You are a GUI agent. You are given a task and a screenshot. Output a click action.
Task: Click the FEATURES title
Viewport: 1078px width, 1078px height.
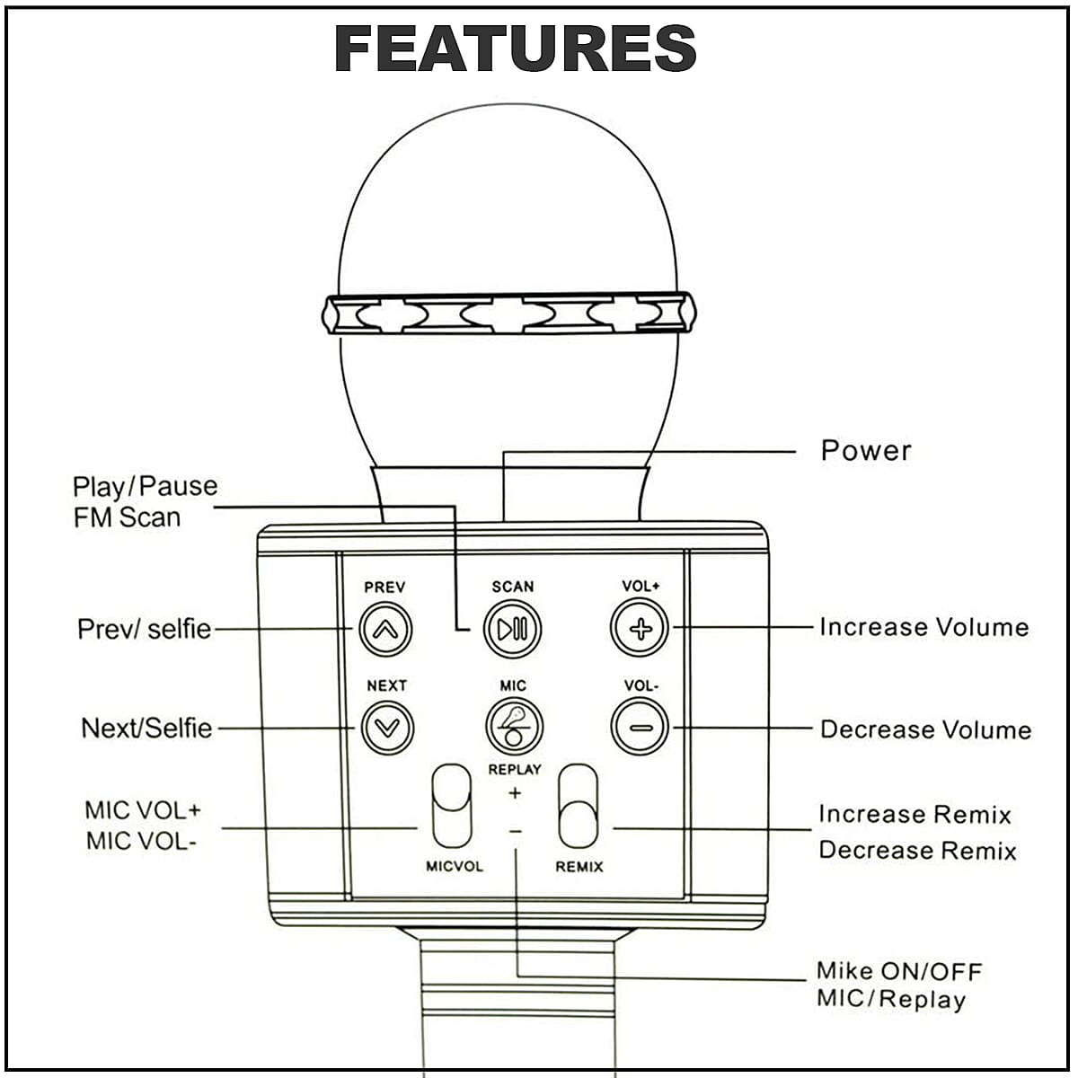[516, 49]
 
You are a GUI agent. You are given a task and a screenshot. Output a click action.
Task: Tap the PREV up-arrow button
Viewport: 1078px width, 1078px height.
[385, 629]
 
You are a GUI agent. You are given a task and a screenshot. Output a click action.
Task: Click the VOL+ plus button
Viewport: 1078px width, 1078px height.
[640, 628]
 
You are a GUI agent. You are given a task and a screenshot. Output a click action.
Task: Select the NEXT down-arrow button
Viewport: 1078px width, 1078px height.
[386, 727]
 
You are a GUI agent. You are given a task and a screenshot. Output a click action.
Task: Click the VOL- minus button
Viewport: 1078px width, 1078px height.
[640, 727]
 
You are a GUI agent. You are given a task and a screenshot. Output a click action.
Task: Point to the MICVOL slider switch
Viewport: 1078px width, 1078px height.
[451, 806]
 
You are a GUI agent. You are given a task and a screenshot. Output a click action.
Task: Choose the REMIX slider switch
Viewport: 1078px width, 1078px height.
[578, 806]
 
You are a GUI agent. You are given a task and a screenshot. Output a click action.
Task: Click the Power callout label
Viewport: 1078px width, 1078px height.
[866, 450]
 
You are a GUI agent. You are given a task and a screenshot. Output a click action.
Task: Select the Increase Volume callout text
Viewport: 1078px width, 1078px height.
[923, 627]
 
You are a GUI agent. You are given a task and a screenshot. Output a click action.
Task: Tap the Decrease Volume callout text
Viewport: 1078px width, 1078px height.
[925, 729]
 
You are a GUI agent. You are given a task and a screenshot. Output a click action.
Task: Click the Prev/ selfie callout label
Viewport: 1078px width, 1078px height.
[145, 629]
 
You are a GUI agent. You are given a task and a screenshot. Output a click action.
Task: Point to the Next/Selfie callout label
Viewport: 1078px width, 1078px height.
[146, 728]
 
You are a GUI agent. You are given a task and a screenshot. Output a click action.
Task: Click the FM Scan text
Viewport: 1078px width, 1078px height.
[127, 517]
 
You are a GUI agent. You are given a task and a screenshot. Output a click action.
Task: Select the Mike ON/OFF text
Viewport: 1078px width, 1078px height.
[899, 971]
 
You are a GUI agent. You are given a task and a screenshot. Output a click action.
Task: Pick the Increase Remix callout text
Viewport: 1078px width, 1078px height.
[915, 815]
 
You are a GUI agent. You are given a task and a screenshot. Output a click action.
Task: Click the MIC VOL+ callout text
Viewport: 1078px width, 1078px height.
[143, 810]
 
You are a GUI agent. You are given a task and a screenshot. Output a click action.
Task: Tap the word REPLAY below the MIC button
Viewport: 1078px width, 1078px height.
[515, 769]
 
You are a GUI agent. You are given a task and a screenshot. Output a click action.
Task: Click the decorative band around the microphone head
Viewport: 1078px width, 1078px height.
[508, 314]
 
